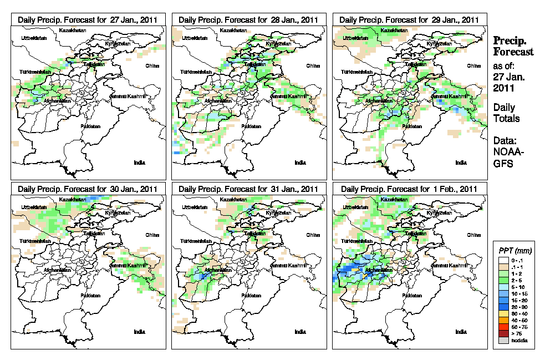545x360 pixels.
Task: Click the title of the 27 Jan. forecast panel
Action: [88, 19]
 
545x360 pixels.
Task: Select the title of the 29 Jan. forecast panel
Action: [409, 19]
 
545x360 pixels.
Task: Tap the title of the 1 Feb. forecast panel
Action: [409, 189]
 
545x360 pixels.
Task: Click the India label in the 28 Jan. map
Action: [300, 163]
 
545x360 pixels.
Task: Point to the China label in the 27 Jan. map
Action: [152, 65]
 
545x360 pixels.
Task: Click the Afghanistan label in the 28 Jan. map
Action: [218, 100]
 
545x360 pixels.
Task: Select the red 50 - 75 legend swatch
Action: [503, 327]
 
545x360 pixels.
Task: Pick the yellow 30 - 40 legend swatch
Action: [503, 313]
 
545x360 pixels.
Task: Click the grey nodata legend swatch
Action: [503, 341]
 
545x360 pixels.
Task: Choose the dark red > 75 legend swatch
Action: [503, 334]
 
